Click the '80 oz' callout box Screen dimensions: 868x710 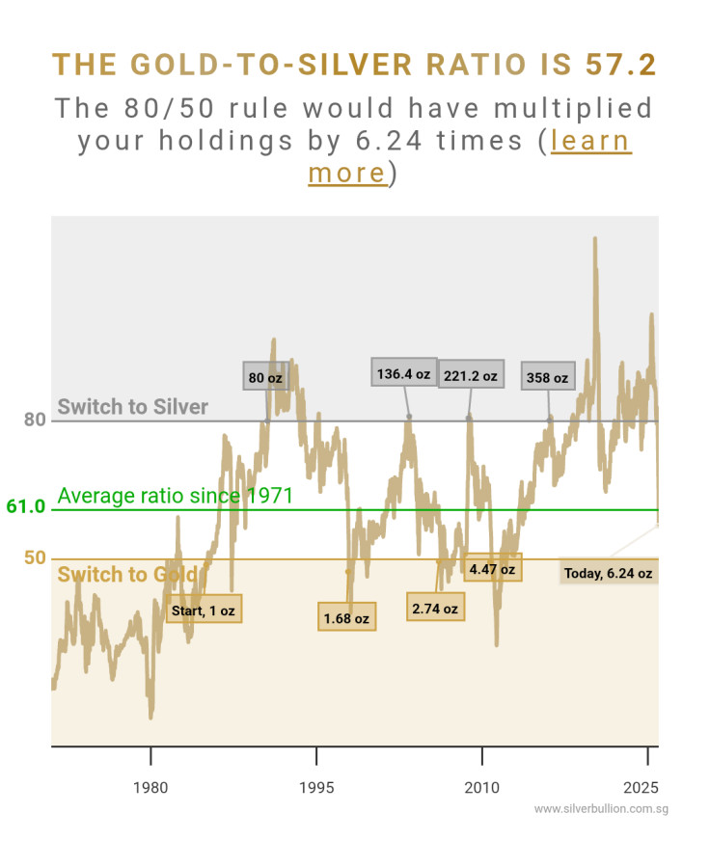pos(265,378)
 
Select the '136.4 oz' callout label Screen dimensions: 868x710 pos(404,372)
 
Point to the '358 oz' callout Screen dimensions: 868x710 pos(547,377)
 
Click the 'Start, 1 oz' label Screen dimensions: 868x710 pos(203,610)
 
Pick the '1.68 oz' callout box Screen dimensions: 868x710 pos(346,617)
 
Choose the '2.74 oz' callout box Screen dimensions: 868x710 pos(435,609)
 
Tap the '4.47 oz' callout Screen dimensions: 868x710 pos(492,569)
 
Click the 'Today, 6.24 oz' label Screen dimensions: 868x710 pos(609,573)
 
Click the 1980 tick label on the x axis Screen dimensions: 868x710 pos(150,788)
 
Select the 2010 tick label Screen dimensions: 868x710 pos(480,788)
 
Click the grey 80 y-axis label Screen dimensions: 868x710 pos(35,420)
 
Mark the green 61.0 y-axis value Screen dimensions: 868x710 pos(26,506)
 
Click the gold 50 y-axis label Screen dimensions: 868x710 pos(35,558)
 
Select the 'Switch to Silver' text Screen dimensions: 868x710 pos(132,407)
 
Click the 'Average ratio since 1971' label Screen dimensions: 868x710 pos(175,496)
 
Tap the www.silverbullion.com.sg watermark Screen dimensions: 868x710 pos(601,809)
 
